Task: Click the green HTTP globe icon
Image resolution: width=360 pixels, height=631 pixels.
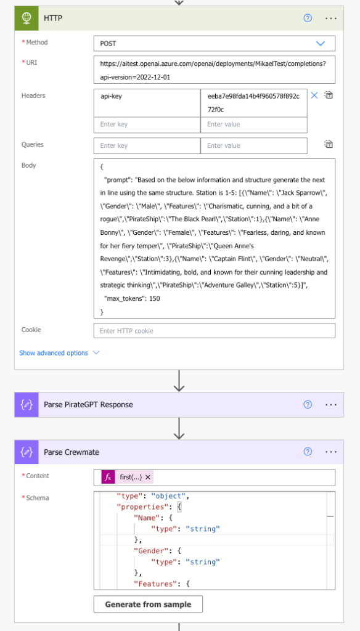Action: click(27, 18)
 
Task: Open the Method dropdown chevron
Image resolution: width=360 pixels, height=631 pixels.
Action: click(321, 44)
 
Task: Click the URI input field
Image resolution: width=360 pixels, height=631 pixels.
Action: click(215, 70)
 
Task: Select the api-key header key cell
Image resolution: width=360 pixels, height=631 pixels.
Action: click(147, 103)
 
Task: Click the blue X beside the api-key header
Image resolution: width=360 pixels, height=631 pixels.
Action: click(314, 96)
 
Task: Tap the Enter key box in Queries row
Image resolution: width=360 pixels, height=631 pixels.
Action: click(147, 145)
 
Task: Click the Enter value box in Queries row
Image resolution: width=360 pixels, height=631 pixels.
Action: click(254, 145)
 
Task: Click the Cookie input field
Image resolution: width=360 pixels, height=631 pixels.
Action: click(215, 331)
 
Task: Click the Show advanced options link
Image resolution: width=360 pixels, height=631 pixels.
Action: click(54, 353)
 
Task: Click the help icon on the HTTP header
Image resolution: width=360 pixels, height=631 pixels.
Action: click(308, 18)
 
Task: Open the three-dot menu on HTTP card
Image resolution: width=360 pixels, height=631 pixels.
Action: click(330, 18)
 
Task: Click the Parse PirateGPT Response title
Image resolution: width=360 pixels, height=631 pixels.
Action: click(88, 405)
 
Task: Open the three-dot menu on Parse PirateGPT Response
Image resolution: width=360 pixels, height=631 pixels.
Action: click(330, 405)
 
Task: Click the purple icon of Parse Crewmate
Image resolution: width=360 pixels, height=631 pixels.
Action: click(27, 452)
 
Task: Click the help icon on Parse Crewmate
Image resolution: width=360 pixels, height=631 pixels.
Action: click(308, 452)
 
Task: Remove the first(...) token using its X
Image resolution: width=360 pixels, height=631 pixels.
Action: click(148, 478)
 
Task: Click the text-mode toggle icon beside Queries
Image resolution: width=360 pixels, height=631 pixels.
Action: click(329, 144)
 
